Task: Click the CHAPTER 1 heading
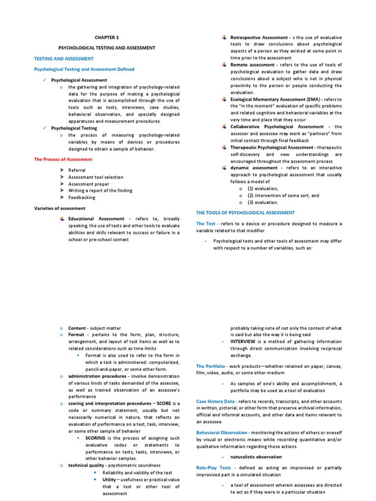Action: [106, 37]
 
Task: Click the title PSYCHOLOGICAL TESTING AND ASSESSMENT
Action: [106, 48]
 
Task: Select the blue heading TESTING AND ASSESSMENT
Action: [63, 59]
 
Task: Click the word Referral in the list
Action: [77, 170]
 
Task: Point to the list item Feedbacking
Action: [82, 198]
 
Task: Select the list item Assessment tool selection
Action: [96, 177]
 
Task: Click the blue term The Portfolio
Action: [211, 366]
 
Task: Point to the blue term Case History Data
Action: [218, 401]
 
